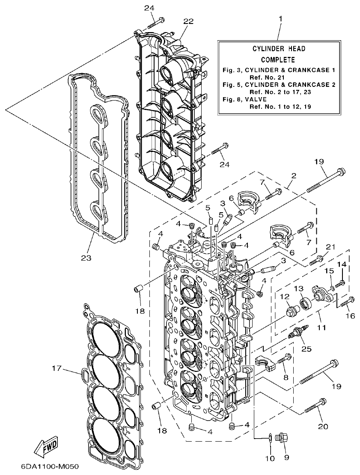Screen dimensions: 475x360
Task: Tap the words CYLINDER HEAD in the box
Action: [x=278, y=49]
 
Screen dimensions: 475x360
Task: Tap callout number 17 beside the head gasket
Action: [x=57, y=368]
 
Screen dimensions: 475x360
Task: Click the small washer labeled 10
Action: [x=271, y=437]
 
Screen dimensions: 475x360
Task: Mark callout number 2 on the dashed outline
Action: [x=294, y=175]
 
